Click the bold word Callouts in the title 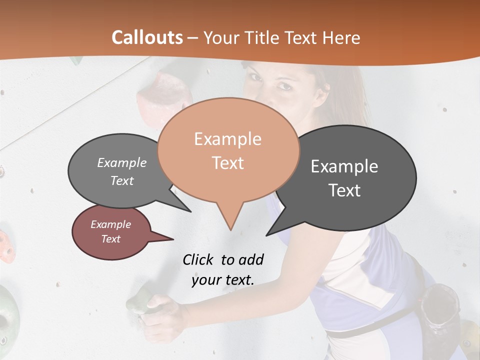(x=147, y=37)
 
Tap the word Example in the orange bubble (x=227, y=139)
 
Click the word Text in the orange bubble (x=227, y=163)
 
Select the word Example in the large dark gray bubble (x=344, y=166)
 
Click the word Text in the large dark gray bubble (x=344, y=190)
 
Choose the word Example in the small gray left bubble (x=122, y=163)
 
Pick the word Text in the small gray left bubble (x=122, y=181)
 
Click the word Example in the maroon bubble (x=110, y=224)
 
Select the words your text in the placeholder (x=223, y=280)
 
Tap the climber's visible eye (x=284, y=86)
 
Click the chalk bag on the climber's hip (x=440, y=310)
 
